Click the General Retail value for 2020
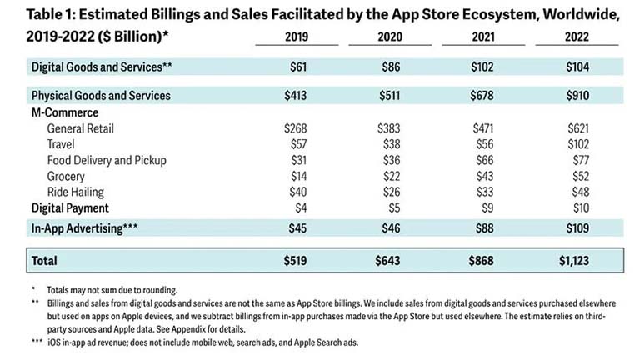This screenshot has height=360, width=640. (x=389, y=129)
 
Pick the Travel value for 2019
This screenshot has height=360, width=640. (x=295, y=144)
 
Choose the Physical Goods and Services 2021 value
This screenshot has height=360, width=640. (x=483, y=96)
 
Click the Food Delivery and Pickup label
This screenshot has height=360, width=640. (x=107, y=160)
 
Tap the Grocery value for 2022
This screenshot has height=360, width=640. (x=577, y=175)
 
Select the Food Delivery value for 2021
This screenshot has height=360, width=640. (x=483, y=160)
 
